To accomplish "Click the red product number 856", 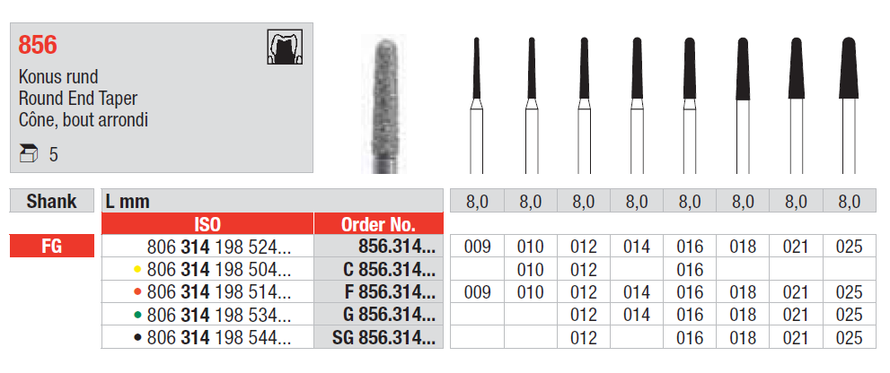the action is pyautogui.click(x=38, y=45).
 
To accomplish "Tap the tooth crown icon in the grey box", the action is pyautogui.click(x=285, y=47).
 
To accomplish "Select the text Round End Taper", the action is pyautogui.click(x=78, y=99).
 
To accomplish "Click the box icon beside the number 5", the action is pyautogui.click(x=29, y=153).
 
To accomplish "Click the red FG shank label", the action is pyautogui.click(x=52, y=247).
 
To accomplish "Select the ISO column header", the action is pyautogui.click(x=207, y=224).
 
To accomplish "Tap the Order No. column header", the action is pyautogui.click(x=379, y=224).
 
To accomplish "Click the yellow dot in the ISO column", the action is pyautogui.click(x=137, y=270).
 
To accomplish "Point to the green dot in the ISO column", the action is pyautogui.click(x=137, y=316).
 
